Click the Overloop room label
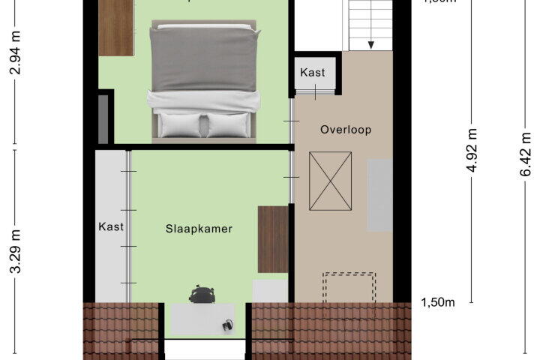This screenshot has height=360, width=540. click(346, 130)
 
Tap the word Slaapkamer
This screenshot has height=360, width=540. click(199, 229)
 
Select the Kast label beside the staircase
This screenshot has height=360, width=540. click(313, 73)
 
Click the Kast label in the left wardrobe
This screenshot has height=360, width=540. click(111, 226)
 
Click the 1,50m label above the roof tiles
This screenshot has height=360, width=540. click(438, 302)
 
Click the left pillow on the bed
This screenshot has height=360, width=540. click(180, 124)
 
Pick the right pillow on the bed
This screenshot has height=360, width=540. click(227, 124)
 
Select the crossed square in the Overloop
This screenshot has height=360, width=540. click(330, 181)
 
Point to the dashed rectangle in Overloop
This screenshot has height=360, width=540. click(349, 287)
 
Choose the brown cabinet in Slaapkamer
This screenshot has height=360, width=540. click(273, 239)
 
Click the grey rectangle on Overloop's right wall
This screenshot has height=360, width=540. click(379, 195)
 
